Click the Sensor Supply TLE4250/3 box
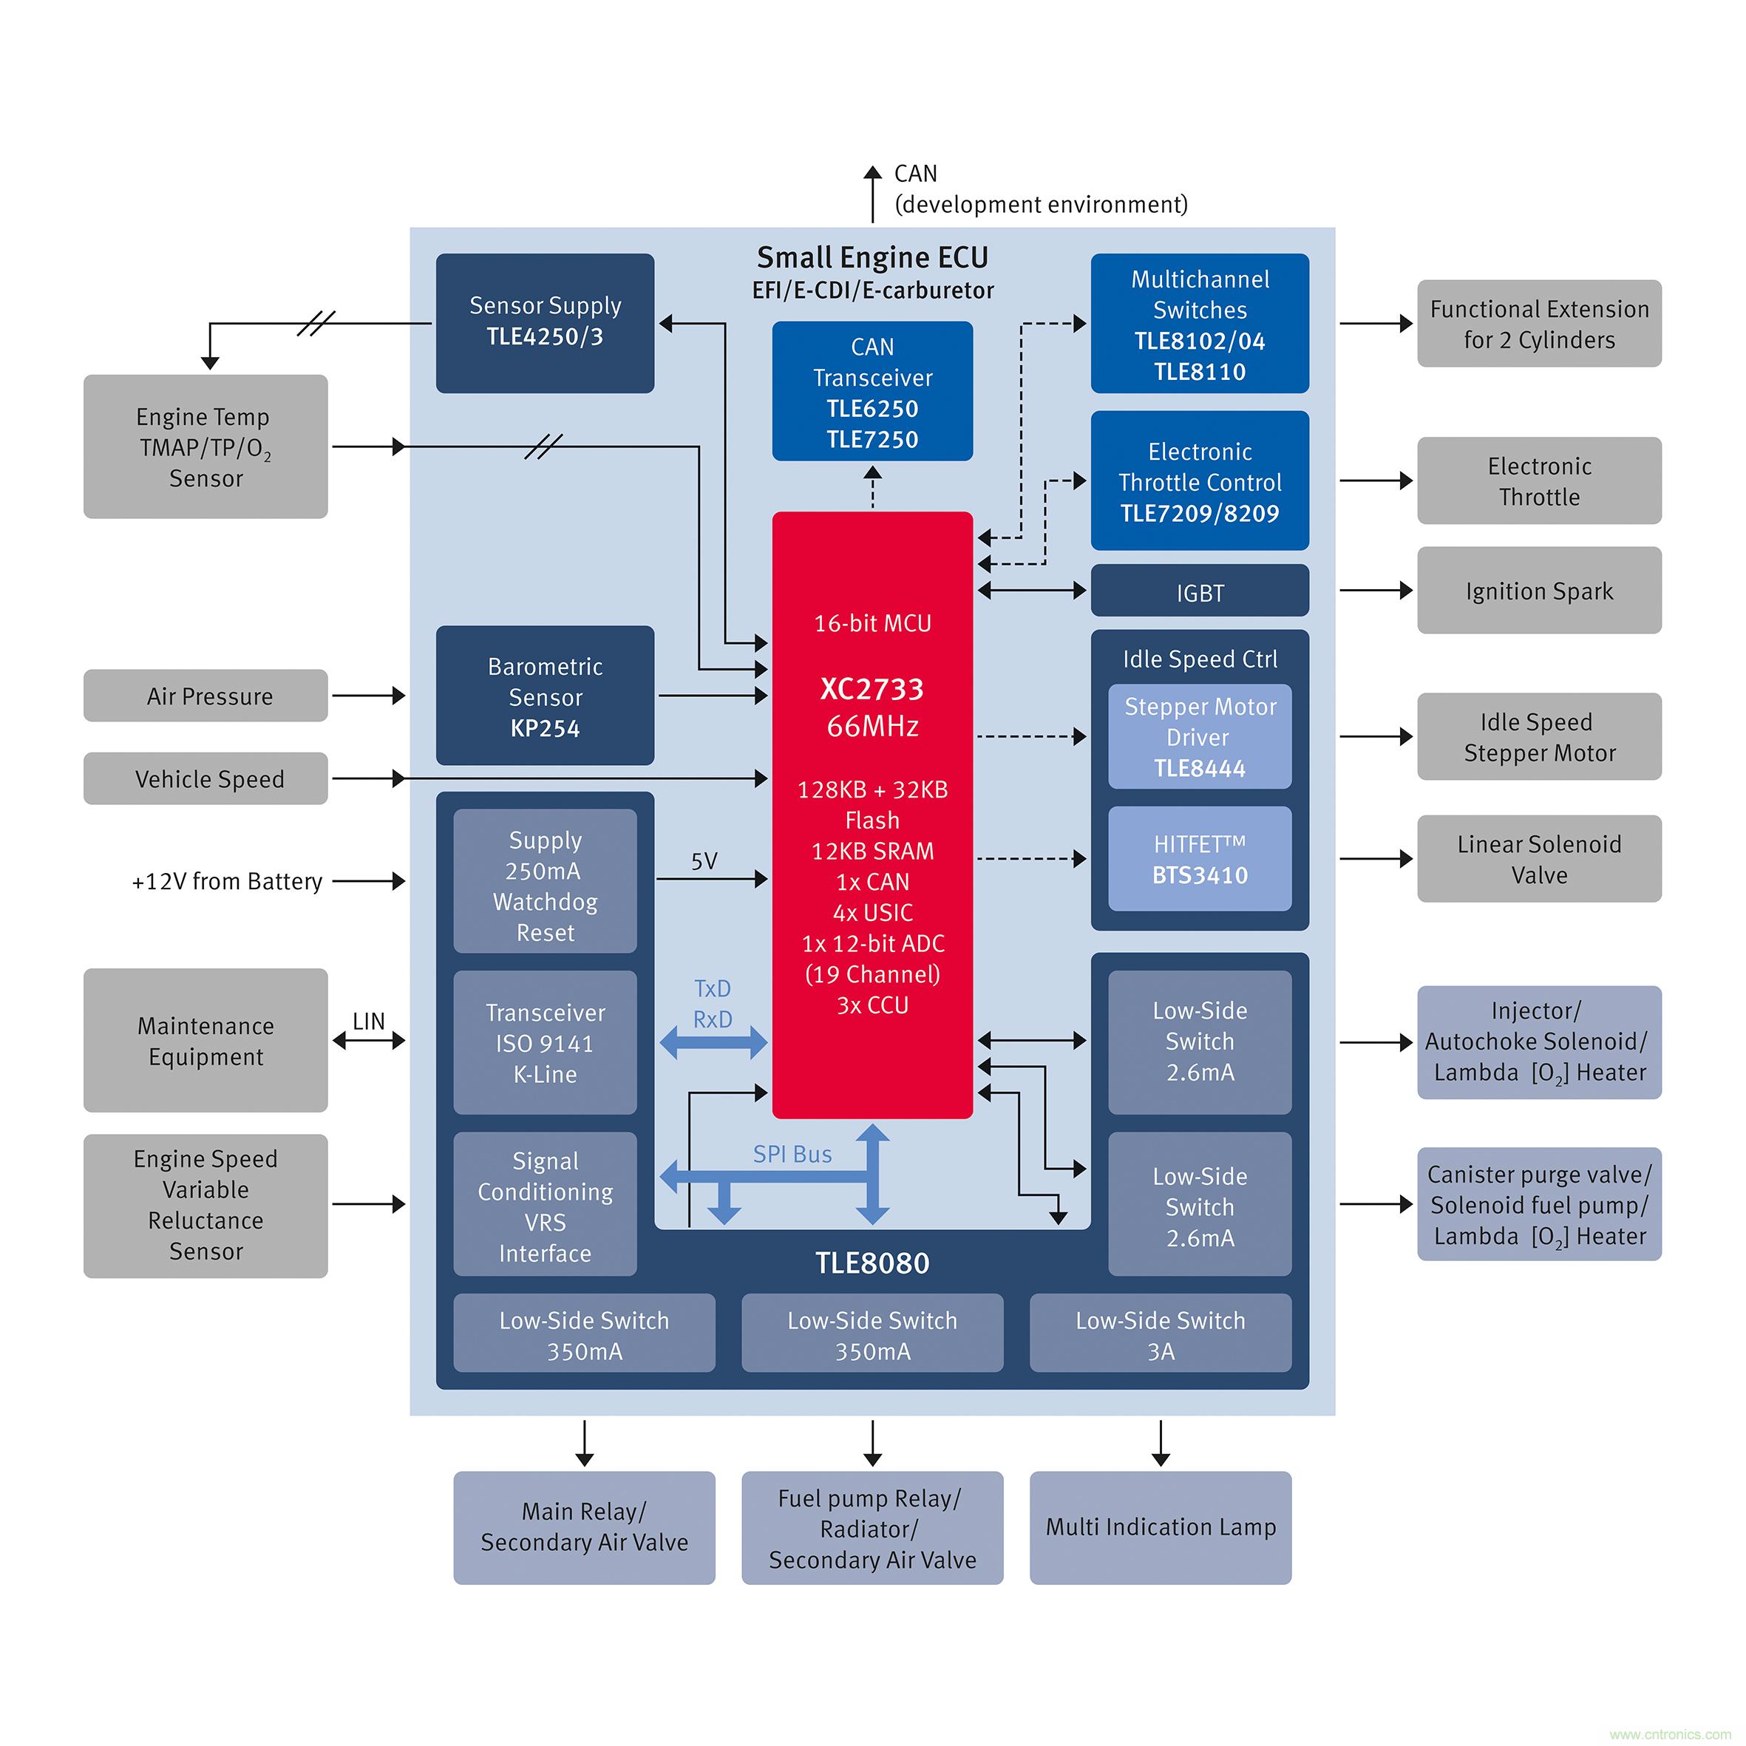[545, 322]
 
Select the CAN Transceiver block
[872, 391]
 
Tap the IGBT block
[1199, 592]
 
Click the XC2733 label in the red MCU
[872, 689]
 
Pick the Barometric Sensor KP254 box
[545, 696]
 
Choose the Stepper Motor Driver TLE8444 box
[1199, 736]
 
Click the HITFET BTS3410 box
[1199, 858]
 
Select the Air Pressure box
[205, 696]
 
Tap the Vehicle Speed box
[205, 778]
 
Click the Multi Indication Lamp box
[1161, 1527]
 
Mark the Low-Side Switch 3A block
[1161, 1335]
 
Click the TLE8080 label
[872, 1263]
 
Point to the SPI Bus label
[792, 1154]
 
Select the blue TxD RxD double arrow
[713, 1043]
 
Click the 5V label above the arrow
[704, 861]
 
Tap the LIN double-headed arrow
[369, 1041]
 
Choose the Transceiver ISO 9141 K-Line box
[545, 1043]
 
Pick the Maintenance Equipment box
[205, 1040]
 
